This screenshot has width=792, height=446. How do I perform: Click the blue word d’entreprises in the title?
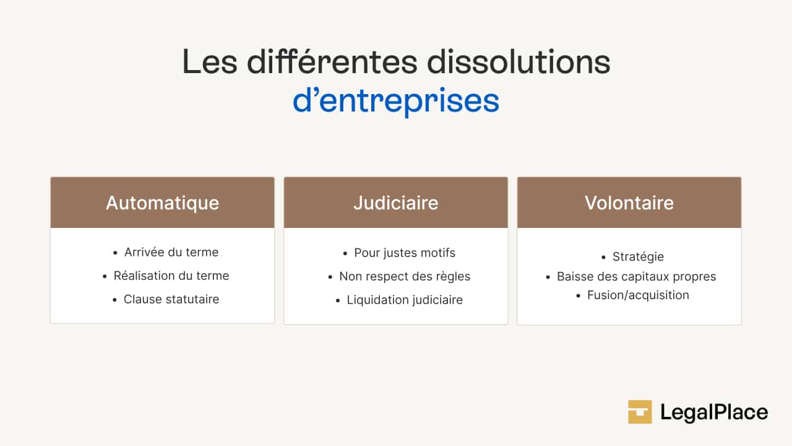pyautogui.click(x=396, y=102)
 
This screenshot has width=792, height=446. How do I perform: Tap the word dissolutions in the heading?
pyautogui.click(x=519, y=62)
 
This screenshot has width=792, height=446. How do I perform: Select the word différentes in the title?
pyautogui.click(x=332, y=62)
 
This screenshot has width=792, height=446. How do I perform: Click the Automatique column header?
pyautogui.click(x=162, y=203)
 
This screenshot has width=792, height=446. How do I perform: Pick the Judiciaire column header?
pyautogui.click(x=395, y=203)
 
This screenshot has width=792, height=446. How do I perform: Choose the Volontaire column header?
pyautogui.click(x=629, y=203)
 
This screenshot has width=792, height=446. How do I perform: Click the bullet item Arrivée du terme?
pyautogui.click(x=171, y=252)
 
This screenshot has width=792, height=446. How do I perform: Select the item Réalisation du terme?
pyautogui.click(x=171, y=276)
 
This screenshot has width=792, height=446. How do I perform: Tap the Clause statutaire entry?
pyautogui.click(x=171, y=299)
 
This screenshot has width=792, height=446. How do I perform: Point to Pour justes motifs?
pyautogui.click(x=405, y=253)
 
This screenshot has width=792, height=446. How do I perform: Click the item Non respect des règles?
pyautogui.click(x=405, y=276)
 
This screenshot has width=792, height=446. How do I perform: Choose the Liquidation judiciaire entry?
pyautogui.click(x=405, y=300)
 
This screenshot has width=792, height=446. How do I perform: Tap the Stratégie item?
pyautogui.click(x=638, y=256)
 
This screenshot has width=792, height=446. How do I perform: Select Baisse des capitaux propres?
pyautogui.click(x=637, y=276)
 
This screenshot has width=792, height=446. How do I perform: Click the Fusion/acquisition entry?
pyautogui.click(x=638, y=295)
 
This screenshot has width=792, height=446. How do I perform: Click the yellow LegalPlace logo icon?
pyautogui.click(x=640, y=412)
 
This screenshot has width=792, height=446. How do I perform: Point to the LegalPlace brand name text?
pyautogui.click(x=714, y=413)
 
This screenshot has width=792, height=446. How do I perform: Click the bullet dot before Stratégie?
pyautogui.click(x=603, y=257)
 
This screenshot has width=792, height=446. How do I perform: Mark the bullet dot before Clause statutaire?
pyautogui.click(x=114, y=300)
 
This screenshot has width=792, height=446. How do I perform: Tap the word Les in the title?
pyautogui.click(x=210, y=62)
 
